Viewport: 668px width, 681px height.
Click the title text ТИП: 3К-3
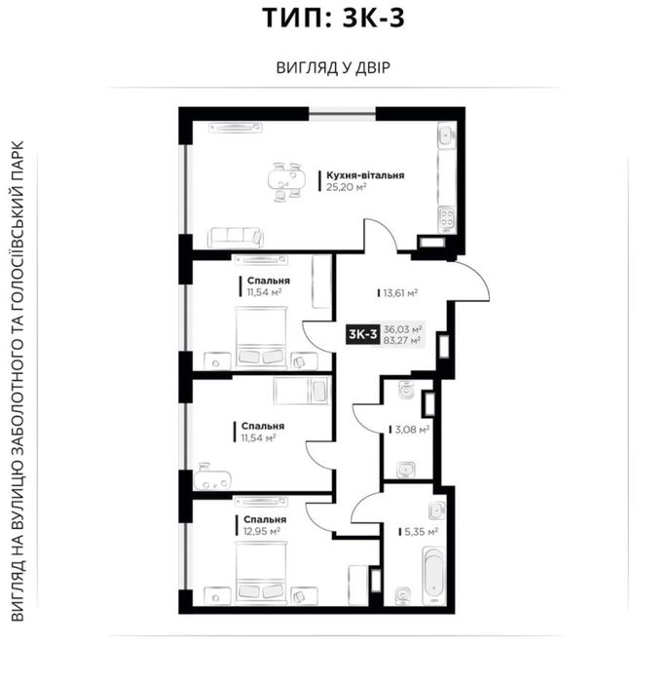333,18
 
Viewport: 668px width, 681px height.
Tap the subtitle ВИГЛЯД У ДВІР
333,68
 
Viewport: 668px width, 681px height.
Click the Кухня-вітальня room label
365,175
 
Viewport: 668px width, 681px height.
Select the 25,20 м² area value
347,187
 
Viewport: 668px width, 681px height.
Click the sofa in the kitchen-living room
236,237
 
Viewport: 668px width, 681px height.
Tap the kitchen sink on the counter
446,134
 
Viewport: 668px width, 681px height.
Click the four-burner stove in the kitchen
447,218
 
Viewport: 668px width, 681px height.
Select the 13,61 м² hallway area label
400,293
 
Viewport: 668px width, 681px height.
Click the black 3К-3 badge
363,334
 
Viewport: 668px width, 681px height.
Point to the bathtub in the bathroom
433,575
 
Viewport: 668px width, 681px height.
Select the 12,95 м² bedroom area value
262,531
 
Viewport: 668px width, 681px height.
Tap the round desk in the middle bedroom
212,476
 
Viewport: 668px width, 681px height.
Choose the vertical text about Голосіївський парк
18,381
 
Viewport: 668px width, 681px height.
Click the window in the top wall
342,114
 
